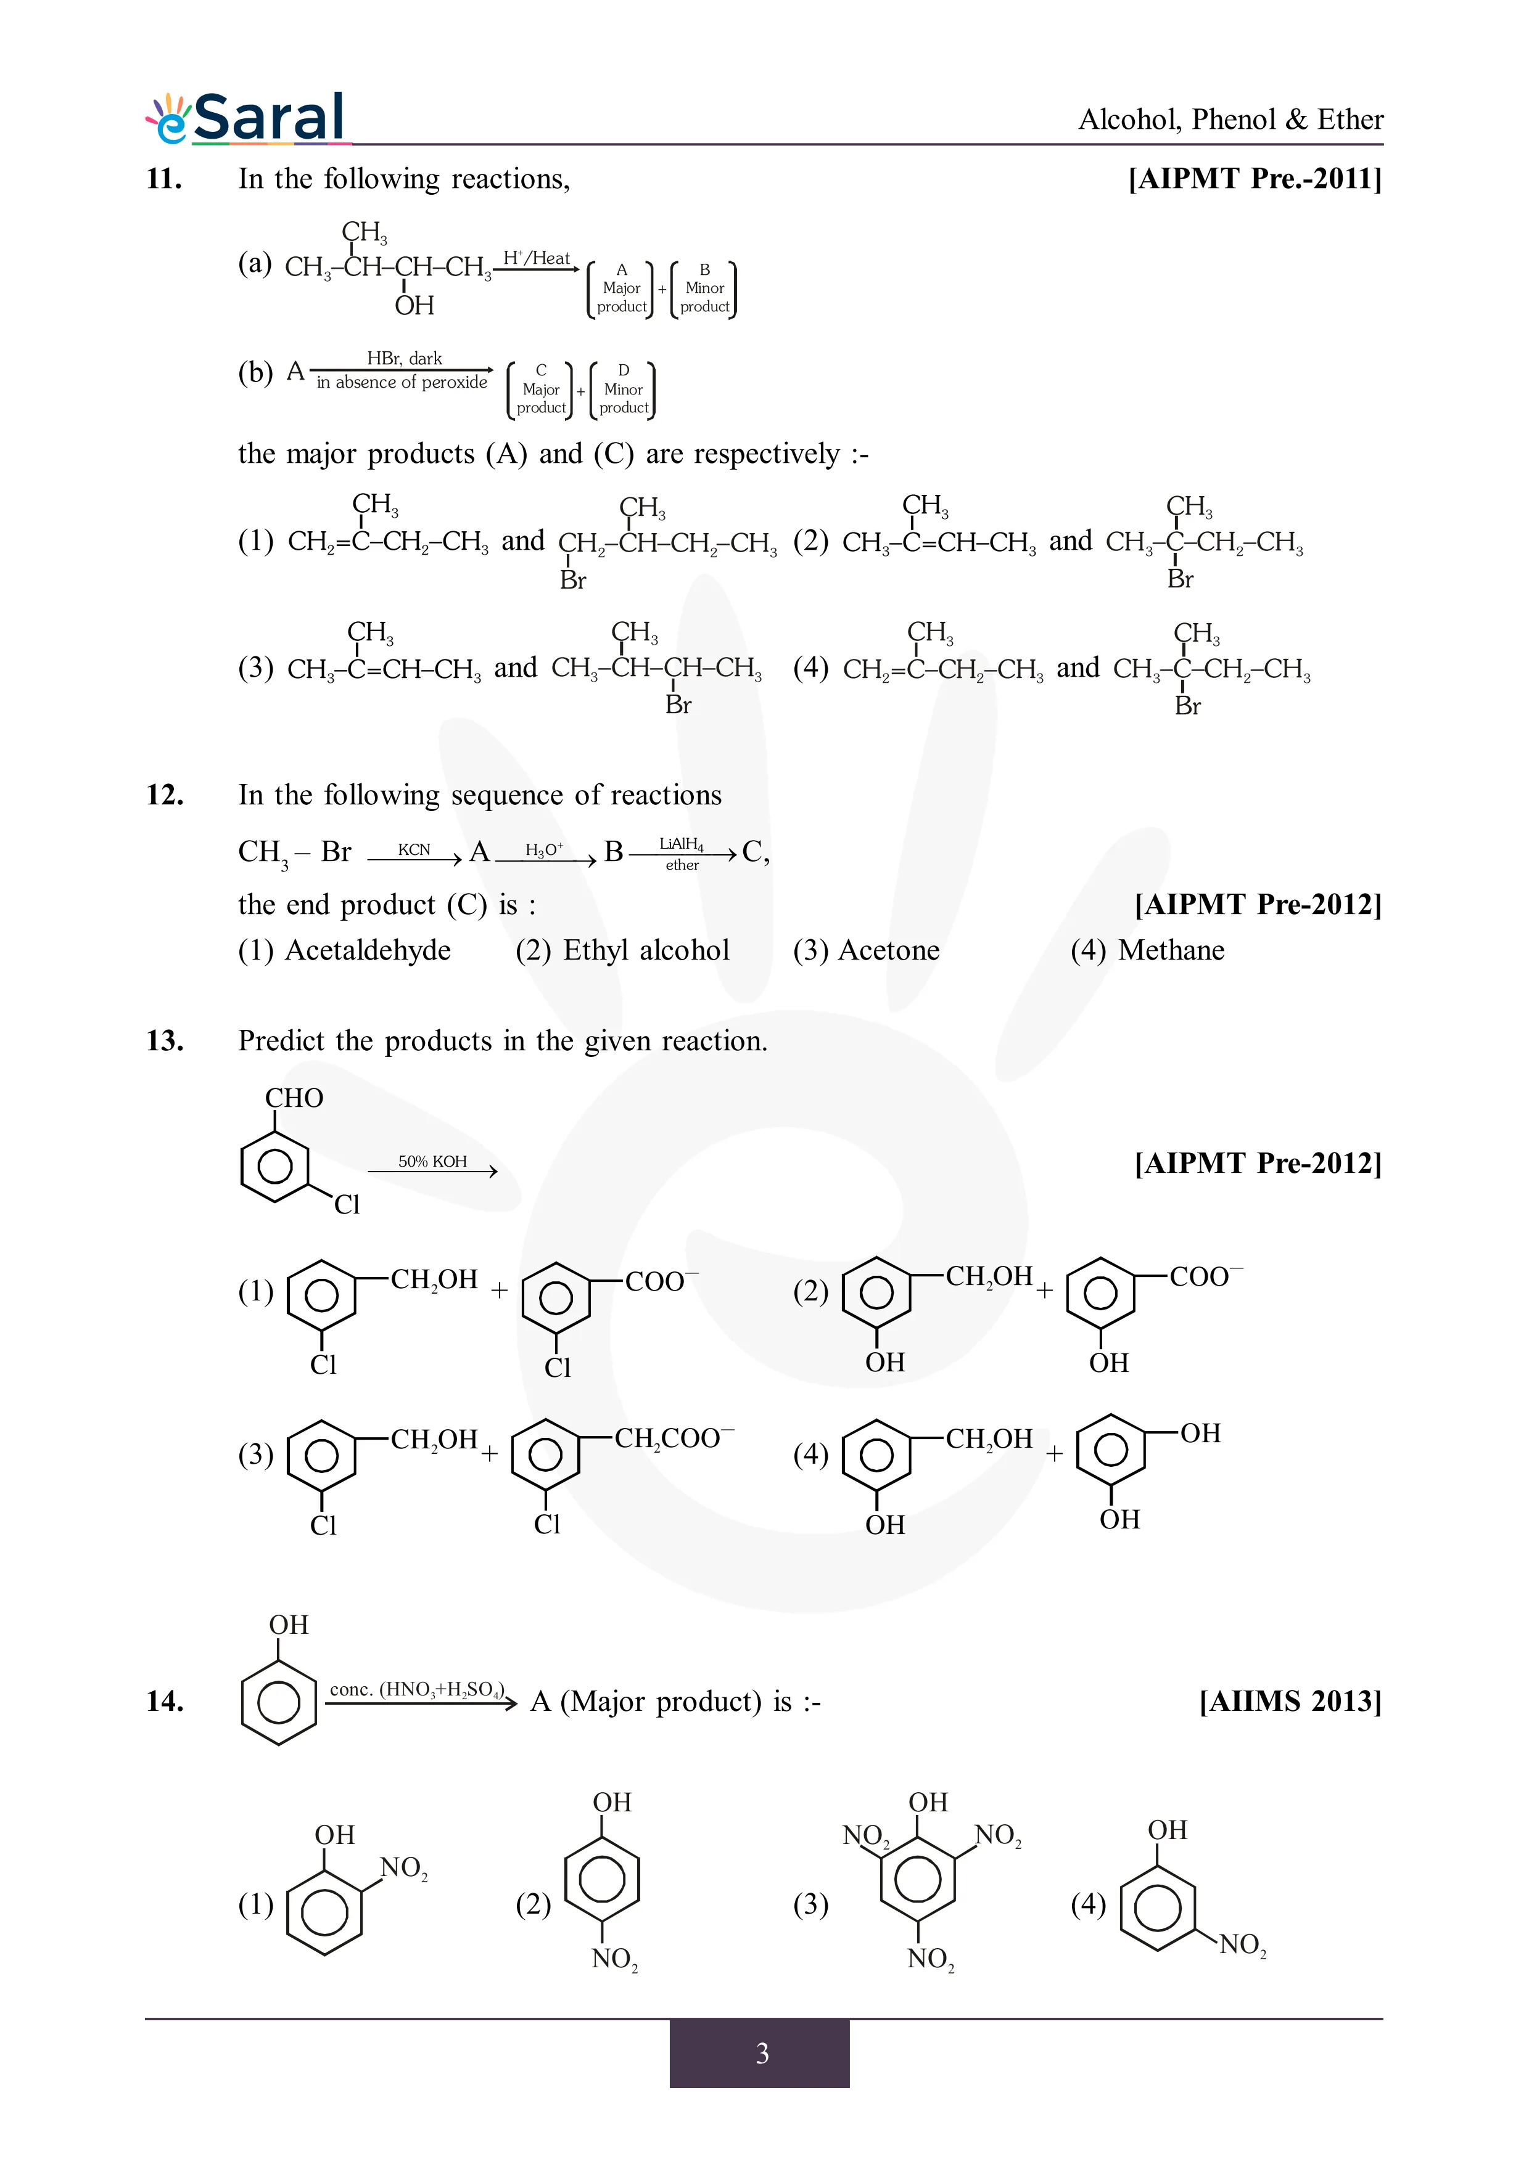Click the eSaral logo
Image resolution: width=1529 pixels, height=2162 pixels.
click(x=247, y=119)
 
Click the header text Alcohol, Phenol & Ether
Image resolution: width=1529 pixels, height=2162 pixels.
click(x=1230, y=120)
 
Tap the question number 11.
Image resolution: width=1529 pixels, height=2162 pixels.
click(x=164, y=178)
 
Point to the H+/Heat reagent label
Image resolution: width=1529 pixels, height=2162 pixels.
click(x=536, y=257)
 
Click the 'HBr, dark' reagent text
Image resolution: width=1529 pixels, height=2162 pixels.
click(x=404, y=358)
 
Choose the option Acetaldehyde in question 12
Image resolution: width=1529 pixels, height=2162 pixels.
click(x=345, y=950)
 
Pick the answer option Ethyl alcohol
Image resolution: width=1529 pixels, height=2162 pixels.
click(x=623, y=950)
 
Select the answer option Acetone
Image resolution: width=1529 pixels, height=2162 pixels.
click(x=866, y=950)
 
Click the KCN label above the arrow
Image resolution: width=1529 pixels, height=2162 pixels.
click(x=414, y=849)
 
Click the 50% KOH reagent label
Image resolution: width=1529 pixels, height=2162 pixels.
click(x=432, y=1161)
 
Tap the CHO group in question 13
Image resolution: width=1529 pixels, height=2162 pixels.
click(x=294, y=1098)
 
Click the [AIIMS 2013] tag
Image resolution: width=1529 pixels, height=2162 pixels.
click(x=1290, y=1700)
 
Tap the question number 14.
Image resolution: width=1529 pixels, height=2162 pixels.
click(x=164, y=1700)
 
